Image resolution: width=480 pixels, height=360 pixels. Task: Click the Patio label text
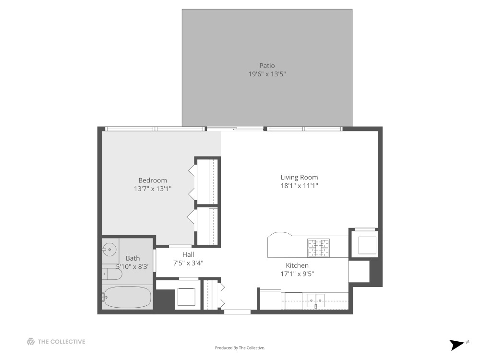(x=267, y=66)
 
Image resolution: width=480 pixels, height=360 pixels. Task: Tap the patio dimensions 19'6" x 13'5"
(x=267, y=74)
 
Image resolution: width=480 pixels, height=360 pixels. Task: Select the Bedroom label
(x=153, y=180)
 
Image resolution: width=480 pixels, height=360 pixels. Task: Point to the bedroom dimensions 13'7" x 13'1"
(x=153, y=189)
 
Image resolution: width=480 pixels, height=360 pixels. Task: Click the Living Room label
(x=299, y=177)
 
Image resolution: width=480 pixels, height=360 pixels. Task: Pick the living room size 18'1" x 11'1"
(x=299, y=186)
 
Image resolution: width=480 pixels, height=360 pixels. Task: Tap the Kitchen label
(x=297, y=265)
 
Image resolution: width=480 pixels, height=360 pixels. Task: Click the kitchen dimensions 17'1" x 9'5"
(x=297, y=274)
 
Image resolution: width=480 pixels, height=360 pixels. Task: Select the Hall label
(x=188, y=254)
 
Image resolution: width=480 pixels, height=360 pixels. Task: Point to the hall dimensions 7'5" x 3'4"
(x=188, y=263)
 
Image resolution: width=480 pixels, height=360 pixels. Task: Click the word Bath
(x=133, y=258)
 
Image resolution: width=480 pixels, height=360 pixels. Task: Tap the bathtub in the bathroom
(x=127, y=297)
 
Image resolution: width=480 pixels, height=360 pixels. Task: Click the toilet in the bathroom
(x=112, y=274)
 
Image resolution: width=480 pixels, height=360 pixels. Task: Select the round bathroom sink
(x=110, y=249)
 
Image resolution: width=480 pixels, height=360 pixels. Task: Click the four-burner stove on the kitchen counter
(x=319, y=247)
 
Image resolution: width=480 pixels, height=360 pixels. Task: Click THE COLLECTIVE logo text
(x=61, y=342)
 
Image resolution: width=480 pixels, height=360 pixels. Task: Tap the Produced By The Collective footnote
(x=240, y=348)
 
